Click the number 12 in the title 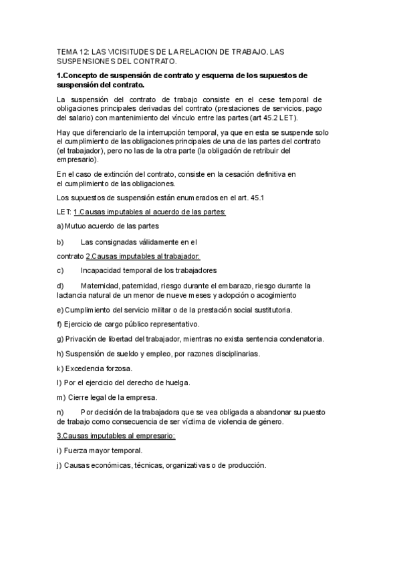[x=86, y=51]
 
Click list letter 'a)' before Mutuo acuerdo [x=60, y=226]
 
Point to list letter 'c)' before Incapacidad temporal [x=60, y=270]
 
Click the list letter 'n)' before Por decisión [x=60, y=412]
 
